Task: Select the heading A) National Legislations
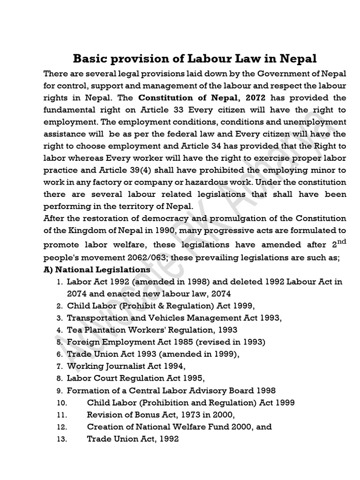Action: pyautogui.click(x=97, y=270)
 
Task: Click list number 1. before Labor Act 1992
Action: pyautogui.click(x=60, y=282)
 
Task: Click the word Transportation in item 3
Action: pyautogui.click(x=97, y=318)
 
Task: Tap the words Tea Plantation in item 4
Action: pyautogui.click(x=95, y=330)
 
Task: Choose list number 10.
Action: pyautogui.click(x=61, y=403)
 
